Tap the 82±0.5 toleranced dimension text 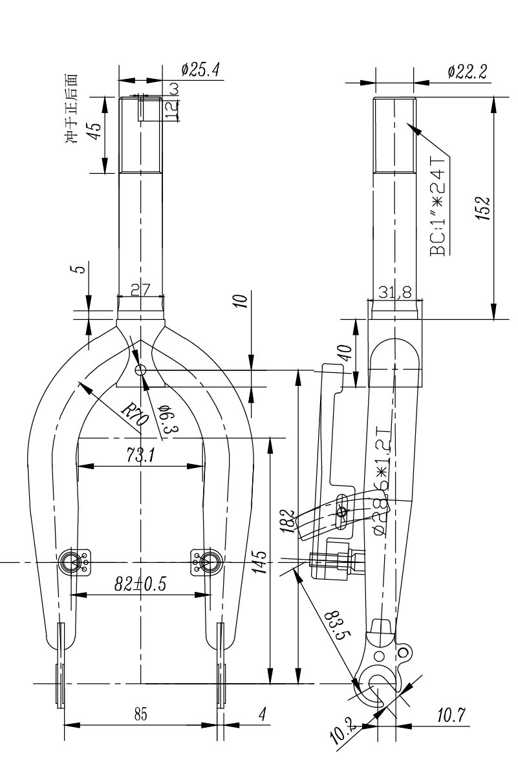140,584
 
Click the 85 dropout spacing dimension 140,715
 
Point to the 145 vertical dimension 258,560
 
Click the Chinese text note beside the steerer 76,108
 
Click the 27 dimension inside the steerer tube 140,291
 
